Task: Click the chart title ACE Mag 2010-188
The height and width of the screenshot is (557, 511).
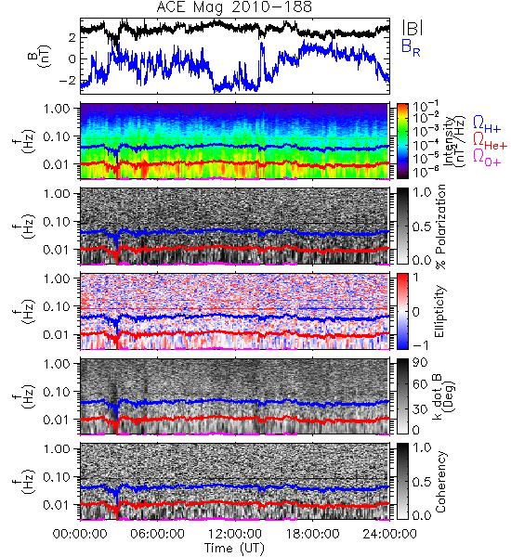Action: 234,7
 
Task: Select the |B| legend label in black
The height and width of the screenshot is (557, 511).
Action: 413,28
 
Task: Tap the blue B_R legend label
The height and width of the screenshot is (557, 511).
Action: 411,47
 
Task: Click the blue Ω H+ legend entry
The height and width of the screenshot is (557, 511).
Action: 487,124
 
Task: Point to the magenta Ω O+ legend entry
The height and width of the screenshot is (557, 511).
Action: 487,158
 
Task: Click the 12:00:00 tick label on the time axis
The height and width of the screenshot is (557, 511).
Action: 235,534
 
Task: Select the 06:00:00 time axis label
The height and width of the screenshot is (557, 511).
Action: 157,534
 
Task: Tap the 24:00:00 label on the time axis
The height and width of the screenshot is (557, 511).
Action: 389,534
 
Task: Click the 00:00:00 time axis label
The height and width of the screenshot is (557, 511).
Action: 80,534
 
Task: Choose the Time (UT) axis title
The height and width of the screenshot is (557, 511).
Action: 234,549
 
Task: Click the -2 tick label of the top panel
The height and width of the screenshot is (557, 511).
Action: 68,80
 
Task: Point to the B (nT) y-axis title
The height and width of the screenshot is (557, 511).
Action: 40,56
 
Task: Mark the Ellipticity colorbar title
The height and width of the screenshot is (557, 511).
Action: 439,312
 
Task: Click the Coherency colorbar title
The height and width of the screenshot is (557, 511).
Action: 440,482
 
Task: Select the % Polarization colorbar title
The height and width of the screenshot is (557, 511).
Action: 440,227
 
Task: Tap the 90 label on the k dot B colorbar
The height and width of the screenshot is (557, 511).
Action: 420,363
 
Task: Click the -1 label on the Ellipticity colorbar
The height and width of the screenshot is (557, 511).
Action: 421,345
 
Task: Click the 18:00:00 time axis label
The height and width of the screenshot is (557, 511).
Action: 312,534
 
